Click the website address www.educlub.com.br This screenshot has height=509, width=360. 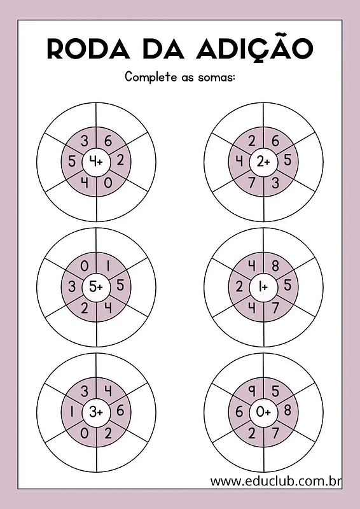point(275,481)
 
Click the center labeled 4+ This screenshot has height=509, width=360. point(96,162)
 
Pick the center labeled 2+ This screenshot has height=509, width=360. point(263,162)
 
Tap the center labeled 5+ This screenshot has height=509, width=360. point(96,287)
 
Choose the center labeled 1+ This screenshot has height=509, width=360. point(263,287)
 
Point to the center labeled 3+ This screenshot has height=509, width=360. point(96,412)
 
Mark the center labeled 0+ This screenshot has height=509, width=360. point(263,412)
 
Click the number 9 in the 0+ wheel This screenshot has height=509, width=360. point(252,391)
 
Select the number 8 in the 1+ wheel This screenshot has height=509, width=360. point(275,266)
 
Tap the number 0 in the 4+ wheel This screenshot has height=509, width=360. point(108,183)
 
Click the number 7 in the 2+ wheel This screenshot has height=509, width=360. point(252,183)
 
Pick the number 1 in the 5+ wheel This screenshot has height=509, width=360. point(108,266)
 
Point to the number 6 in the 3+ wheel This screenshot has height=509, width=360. point(120,410)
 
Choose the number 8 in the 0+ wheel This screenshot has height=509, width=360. point(287,410)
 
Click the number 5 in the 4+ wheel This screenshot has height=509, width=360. point(72,161)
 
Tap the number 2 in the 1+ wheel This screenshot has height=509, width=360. point(239,287)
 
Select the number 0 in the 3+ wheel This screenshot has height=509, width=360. point(84,433)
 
